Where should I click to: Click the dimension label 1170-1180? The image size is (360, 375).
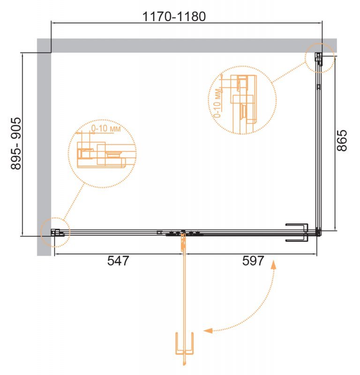click(x=174, y=16)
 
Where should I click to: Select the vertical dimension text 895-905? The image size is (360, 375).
click(x=16, y=143)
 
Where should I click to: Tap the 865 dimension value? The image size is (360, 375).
click(x=342, y=140)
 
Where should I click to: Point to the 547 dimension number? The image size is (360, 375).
click(x=118, y=261)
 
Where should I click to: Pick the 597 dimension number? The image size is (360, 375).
click(x=253, y=261)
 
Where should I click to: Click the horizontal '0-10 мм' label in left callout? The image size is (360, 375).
click(x=106, y=128)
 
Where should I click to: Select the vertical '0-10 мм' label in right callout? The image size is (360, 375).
click(x=217, y=103)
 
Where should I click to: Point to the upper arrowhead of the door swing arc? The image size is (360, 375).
click(x=273, y=265)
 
